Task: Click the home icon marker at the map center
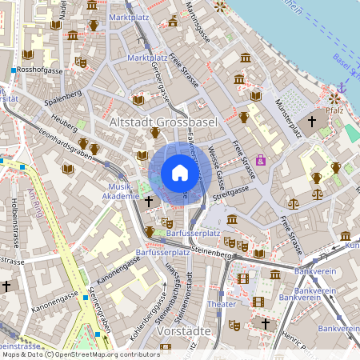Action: (179, 174)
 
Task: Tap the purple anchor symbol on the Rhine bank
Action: (342, 86)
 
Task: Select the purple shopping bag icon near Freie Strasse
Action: (261, 160)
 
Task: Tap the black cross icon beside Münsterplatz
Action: (312, 121)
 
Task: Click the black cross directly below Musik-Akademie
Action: (148, 201)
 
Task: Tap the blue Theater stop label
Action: (222, 305)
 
